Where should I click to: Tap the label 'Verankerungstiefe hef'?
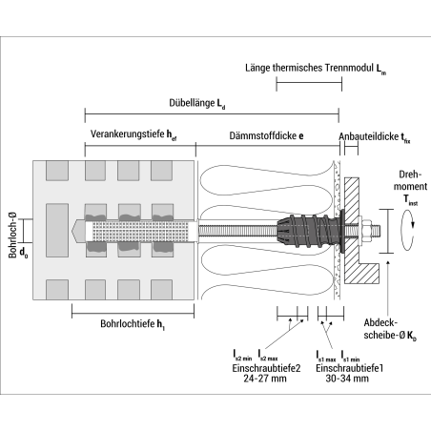133,135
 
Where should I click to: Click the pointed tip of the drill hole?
76,231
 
